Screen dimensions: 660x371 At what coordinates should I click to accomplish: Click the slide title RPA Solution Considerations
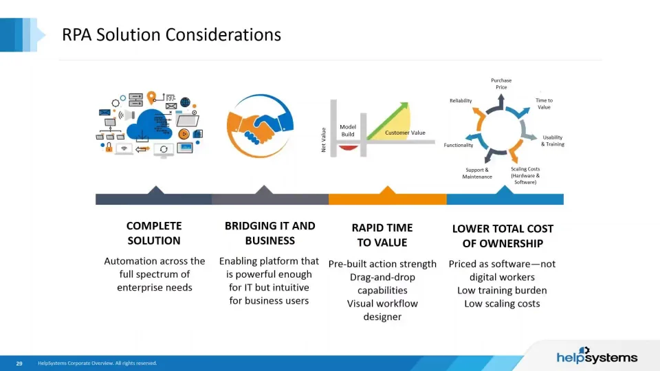coord(171,34)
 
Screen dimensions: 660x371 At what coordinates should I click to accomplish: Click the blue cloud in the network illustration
coord(149,124)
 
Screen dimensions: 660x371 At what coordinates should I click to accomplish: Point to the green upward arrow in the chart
coord(388,121)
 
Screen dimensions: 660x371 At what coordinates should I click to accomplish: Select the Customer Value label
coord(405,133)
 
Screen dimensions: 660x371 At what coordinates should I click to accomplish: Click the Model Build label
coord(348,131)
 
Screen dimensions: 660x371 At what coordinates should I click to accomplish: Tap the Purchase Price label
coord(501,84)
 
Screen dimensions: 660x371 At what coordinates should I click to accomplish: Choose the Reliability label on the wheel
coord(461,100)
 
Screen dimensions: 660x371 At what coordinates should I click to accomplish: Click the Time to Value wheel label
coord(544,104)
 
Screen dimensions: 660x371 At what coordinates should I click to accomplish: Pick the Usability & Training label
coord(552,140)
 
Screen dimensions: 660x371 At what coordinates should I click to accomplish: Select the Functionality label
coord(459,145)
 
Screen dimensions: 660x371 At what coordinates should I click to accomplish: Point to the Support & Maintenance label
coord(477,173)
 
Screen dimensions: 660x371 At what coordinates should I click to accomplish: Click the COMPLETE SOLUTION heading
coord(154,233)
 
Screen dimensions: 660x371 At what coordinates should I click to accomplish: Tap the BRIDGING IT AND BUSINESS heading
coord(269,233)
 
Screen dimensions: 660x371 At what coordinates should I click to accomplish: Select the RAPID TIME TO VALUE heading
coord(382,235)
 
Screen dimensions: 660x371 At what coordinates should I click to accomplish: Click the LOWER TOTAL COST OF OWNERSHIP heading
coord(503,236)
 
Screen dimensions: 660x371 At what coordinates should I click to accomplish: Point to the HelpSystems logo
coord(597,356)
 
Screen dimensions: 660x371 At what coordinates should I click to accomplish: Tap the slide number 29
coord(19,363)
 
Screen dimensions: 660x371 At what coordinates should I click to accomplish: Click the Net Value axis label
coord(323,139)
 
